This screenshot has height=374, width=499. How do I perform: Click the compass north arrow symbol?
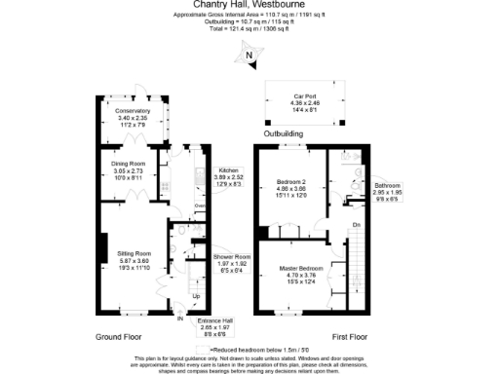[249, 59]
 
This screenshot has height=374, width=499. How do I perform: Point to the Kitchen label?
[230, 169]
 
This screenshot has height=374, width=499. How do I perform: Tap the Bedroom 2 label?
[291, 182]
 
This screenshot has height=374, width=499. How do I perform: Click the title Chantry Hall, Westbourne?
[249, 6]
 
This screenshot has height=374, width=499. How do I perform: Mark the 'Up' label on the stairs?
[195, 295]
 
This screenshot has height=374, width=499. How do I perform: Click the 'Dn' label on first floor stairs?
[357, 226]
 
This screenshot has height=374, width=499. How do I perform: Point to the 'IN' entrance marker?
[180, 318]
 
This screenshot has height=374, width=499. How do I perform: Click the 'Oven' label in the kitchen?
[200, 206]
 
